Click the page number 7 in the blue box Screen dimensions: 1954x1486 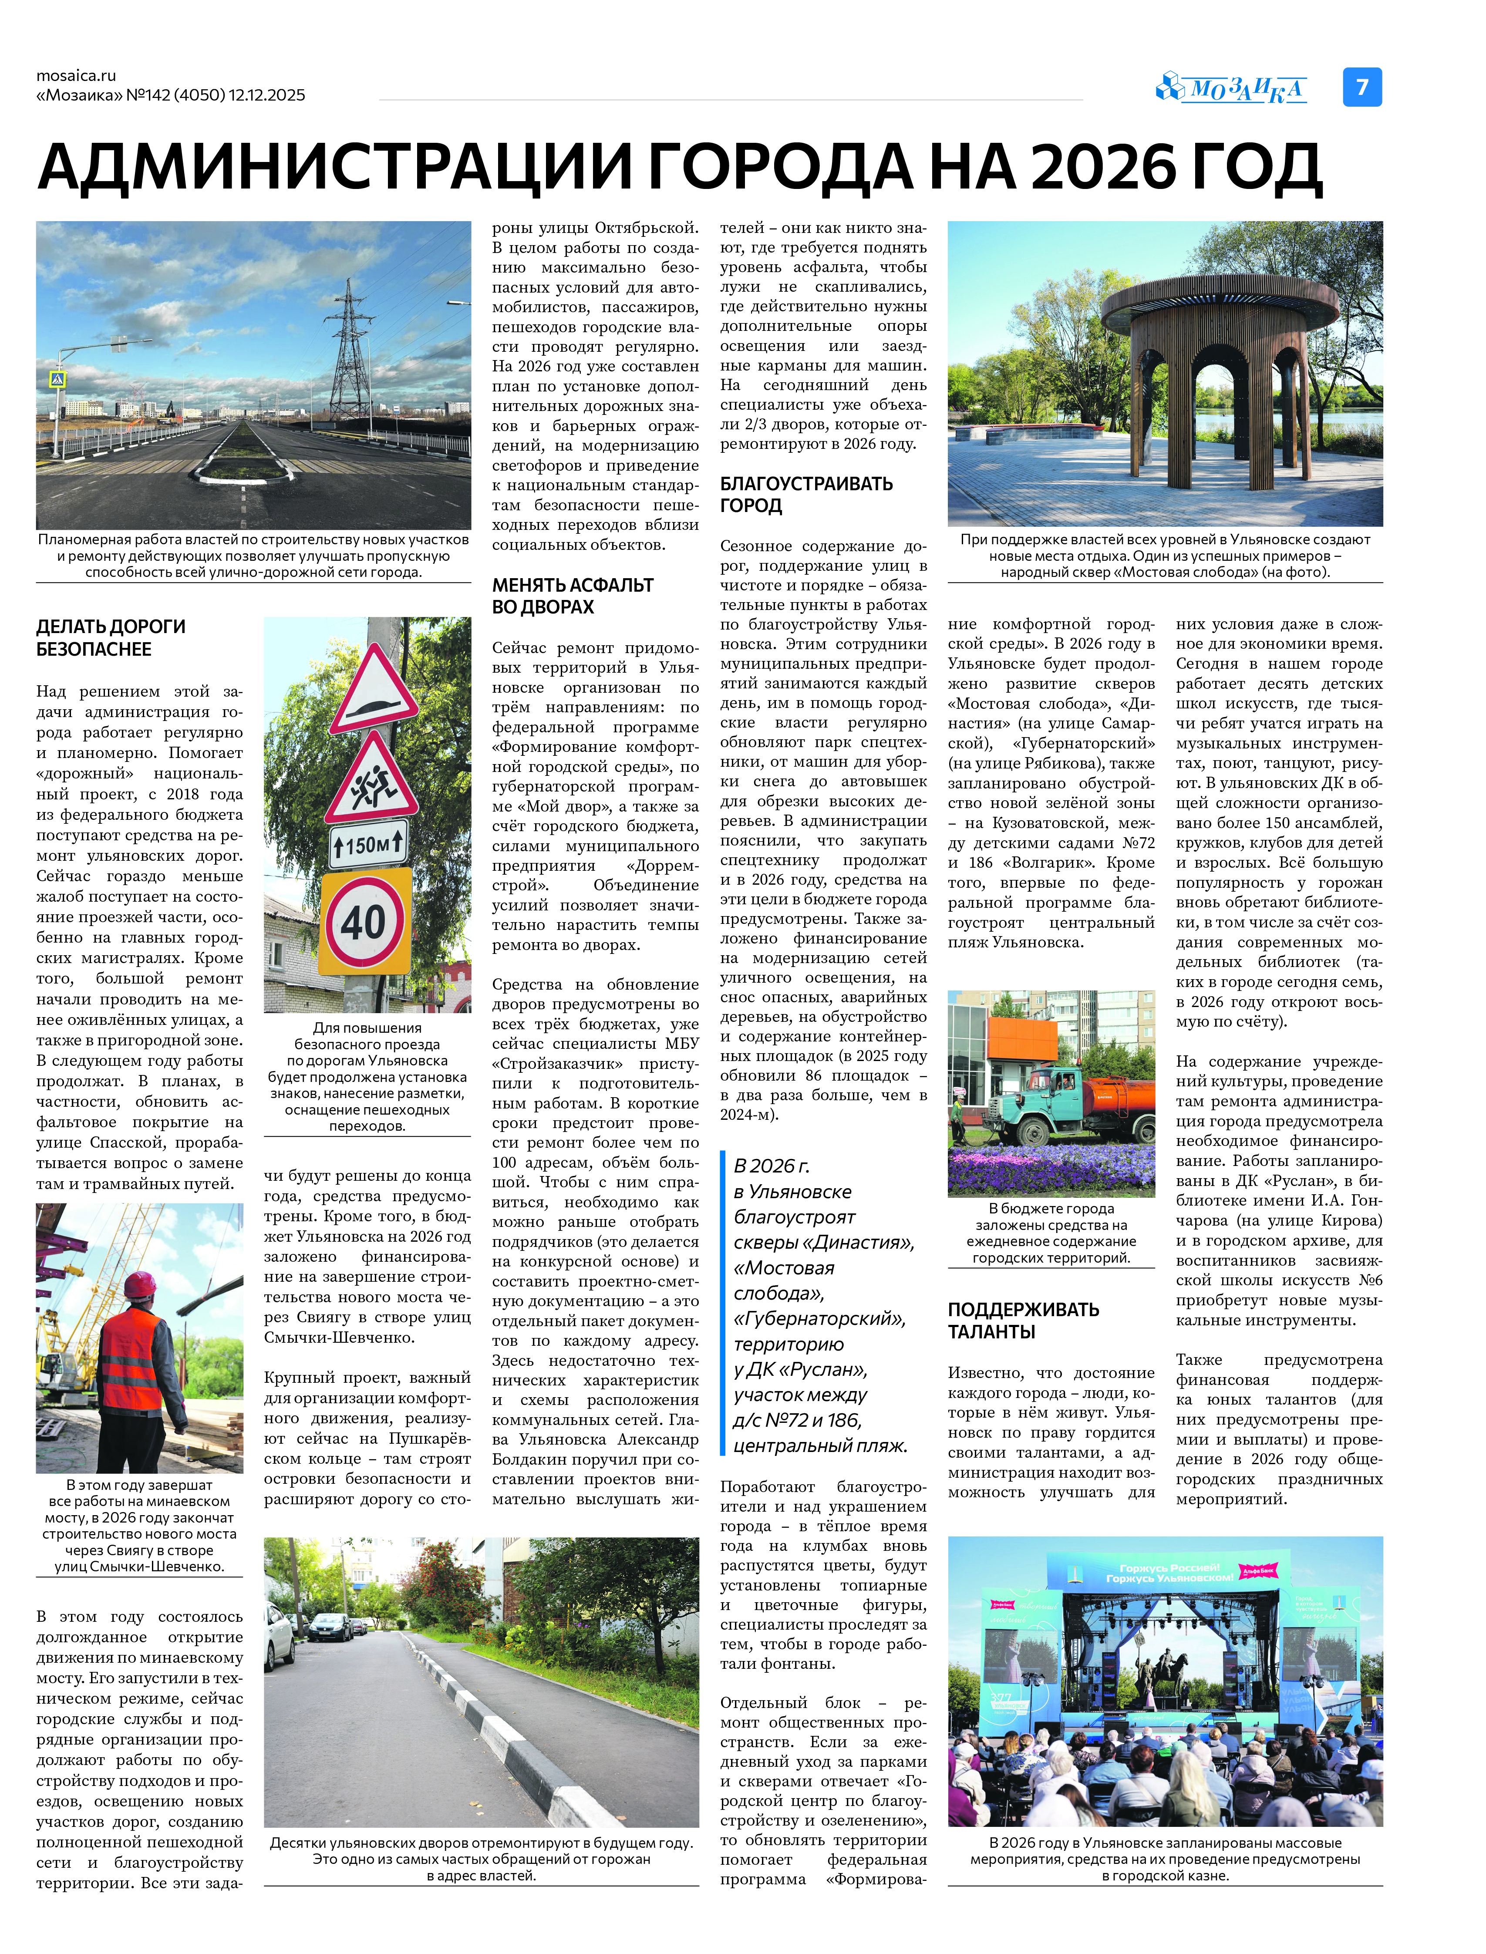pos(1362,87)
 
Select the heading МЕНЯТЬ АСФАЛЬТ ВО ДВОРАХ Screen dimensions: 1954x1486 pos(572,595)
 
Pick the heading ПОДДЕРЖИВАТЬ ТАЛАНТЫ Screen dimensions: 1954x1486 pos(1024,1320)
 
